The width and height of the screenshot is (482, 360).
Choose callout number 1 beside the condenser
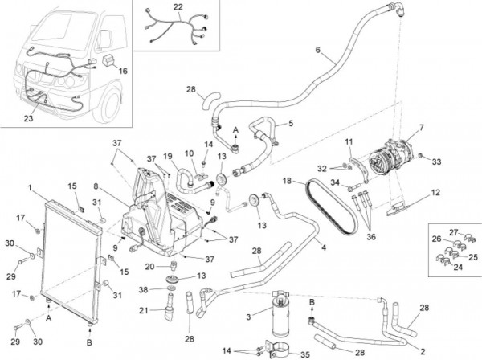pyautogui.click(x=30, y=190)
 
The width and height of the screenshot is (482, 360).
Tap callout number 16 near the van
pyautogui.click(x=123, y=71)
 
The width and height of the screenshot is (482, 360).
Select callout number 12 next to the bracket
pyautogui.click(x=435, y=192)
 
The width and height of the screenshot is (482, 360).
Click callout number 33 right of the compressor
pyautogui.click(x=438, y=162)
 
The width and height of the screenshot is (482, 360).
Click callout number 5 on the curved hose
pyautogui.click(x=290, y=123)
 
